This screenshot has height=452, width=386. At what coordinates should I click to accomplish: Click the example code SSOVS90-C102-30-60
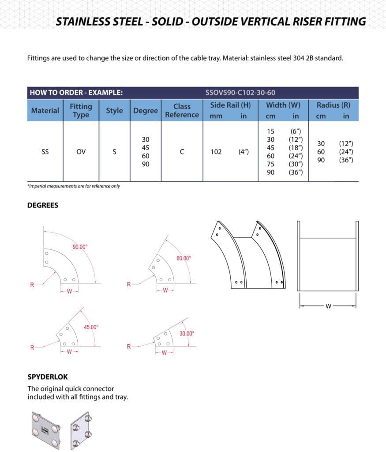(x=240, y=93)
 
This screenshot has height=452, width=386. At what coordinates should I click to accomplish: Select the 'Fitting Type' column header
(x=81, y=110)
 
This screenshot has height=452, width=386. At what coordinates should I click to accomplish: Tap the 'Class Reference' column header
(x=182, y=110)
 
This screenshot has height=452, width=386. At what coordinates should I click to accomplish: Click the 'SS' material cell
(x=45, y=152)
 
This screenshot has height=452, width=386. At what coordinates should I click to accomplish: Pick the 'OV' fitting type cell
(x=81, y=152)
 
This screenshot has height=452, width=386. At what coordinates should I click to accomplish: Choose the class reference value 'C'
(x=182, y=152)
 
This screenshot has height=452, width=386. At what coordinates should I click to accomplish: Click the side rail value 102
(x=216, y=152)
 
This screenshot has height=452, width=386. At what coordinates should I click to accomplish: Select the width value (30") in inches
(x=296, y=164)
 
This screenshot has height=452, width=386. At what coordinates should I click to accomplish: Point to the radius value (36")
(x=345, y=160)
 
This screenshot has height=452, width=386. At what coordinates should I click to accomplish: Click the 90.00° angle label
(x=80, y=247)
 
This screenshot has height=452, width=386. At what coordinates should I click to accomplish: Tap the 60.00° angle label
(x=184, y=258)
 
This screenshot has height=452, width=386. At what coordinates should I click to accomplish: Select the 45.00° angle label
(x=91, y=327)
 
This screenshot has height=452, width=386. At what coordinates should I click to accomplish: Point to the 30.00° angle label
(x=187, y=334)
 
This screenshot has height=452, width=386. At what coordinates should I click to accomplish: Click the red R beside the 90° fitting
(x=32, y=285)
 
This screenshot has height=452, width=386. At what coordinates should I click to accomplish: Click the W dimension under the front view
(x=328, y=306)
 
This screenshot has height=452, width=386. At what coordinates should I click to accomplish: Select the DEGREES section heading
(x=43, y=205)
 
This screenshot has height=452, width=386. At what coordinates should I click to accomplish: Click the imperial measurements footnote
(x=73, y=186)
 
